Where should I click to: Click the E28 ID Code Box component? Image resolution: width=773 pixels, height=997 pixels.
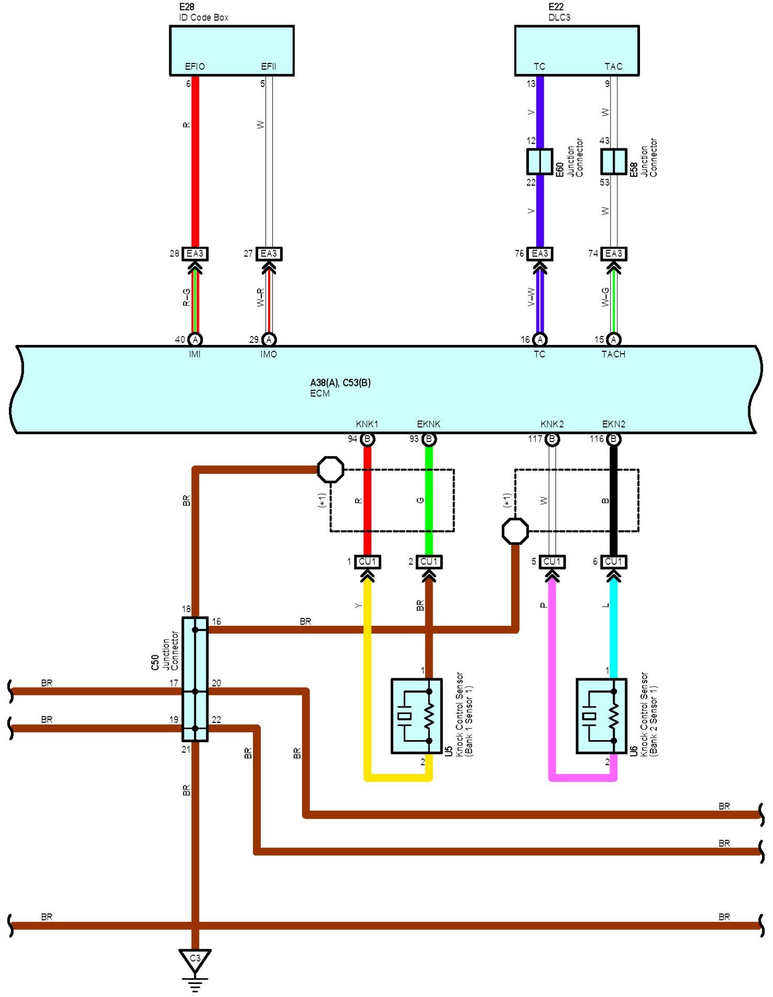click(x=231, y=50)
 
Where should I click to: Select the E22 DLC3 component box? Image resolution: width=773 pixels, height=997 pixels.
click(x=577, y=50)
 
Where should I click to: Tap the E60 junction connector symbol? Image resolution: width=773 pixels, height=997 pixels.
click(x=539, y=161)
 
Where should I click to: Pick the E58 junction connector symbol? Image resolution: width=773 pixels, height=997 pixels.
click(x=613, y=161)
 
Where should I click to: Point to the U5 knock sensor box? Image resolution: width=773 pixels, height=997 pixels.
click(x=416, y=716)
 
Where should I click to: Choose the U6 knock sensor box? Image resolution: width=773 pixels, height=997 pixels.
click(x=601, y=716)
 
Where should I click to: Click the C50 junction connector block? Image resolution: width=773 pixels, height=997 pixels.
click(x=195, y=679)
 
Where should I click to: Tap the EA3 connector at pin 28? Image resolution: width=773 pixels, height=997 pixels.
click(x=195, y=254)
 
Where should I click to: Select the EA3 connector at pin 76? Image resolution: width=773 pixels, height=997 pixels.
click(x=539, y=254)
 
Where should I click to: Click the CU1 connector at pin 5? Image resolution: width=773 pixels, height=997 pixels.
click(x=552, y=562)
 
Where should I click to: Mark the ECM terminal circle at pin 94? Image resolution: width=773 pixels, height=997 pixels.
click(x=368, y=439)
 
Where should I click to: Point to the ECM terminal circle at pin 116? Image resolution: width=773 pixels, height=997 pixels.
click(x=614, y=439)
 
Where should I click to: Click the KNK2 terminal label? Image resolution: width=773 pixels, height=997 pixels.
click(x=552, y=424)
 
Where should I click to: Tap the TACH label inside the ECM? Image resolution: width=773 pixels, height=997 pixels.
click(x=613, y=354)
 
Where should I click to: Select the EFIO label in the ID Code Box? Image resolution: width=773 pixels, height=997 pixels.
click(x=195, y=67)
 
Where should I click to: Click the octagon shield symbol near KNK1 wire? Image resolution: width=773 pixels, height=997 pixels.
click(x=331, y=470)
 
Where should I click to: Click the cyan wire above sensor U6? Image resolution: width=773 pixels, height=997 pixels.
click(x=614, y=627)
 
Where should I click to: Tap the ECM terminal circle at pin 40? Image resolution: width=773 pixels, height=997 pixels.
click(x=195, y=340)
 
